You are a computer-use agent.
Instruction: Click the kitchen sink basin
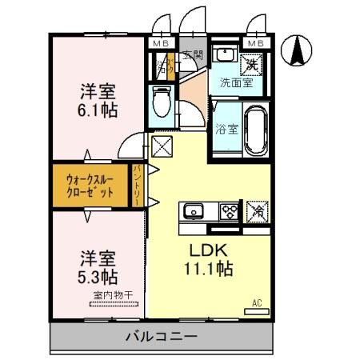click(194, 212)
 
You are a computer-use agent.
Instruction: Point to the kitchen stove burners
click(230, 212)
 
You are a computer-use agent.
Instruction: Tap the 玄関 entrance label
click(192, 55)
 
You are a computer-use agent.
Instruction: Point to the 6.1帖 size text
click(98, 109)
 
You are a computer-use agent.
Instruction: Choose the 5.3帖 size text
click(98, 278)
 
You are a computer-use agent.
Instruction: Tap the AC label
click(257, 303)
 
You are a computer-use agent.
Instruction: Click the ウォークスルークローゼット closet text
click(90, 186)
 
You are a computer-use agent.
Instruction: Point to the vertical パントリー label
click(138, 186)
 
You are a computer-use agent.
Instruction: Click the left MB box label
click(161, 42)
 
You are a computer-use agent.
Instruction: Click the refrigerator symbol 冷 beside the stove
click(258, 212)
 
